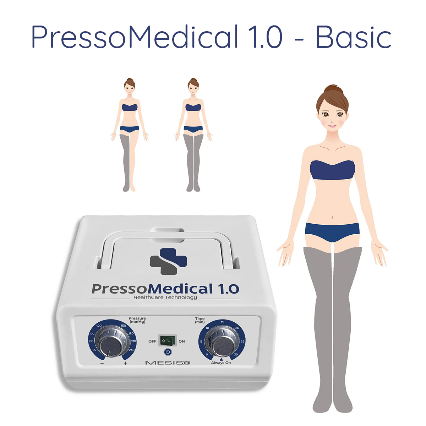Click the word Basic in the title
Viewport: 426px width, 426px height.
point(353,37)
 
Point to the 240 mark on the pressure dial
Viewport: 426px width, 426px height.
point(132,350)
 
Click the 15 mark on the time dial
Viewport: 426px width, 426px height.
point(222,322)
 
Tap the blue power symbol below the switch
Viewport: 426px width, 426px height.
point(168,352)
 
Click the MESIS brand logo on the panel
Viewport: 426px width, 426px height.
point(168,363)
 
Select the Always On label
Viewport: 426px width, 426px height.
point(220,363)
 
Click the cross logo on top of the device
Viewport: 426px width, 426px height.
point(168,261)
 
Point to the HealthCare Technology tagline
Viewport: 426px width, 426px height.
point(165,297)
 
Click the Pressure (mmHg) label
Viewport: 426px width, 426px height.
point(137,320)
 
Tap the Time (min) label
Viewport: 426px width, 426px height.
point(200,320)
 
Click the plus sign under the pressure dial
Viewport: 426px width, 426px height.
point(125,363)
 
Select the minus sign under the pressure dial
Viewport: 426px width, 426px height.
point(102,363)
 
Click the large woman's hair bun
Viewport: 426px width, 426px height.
point(333,89)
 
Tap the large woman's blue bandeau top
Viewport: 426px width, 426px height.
point(332,170)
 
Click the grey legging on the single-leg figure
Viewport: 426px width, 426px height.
point(125,163)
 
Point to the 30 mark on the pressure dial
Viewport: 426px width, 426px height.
point(94,350)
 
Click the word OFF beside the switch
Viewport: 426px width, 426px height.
point(152,341)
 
